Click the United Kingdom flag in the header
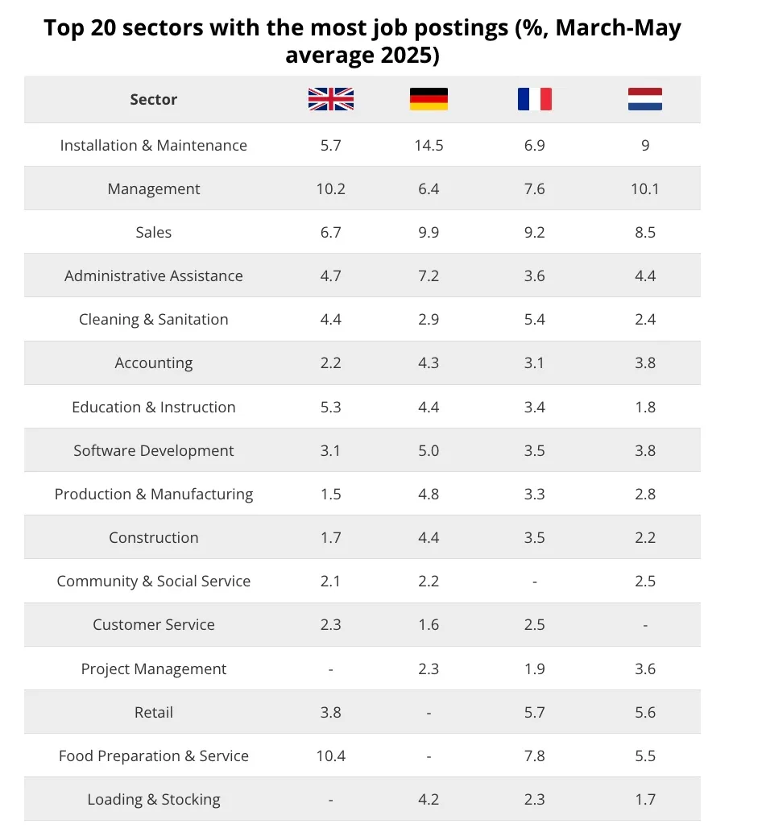330,99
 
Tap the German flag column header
429,99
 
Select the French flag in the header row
534,99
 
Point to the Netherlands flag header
644,99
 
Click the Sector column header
154,99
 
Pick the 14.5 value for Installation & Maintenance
429,145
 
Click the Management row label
154,189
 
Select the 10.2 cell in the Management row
330,189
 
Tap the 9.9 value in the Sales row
429,232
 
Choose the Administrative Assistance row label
154,275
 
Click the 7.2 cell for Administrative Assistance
429,275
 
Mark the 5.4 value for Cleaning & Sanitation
534,320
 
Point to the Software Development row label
154,450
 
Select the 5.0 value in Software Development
429,450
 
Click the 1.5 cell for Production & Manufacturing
330,495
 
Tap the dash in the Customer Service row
644,625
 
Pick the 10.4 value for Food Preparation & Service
330,756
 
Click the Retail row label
154,712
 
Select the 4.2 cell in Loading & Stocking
429,800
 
